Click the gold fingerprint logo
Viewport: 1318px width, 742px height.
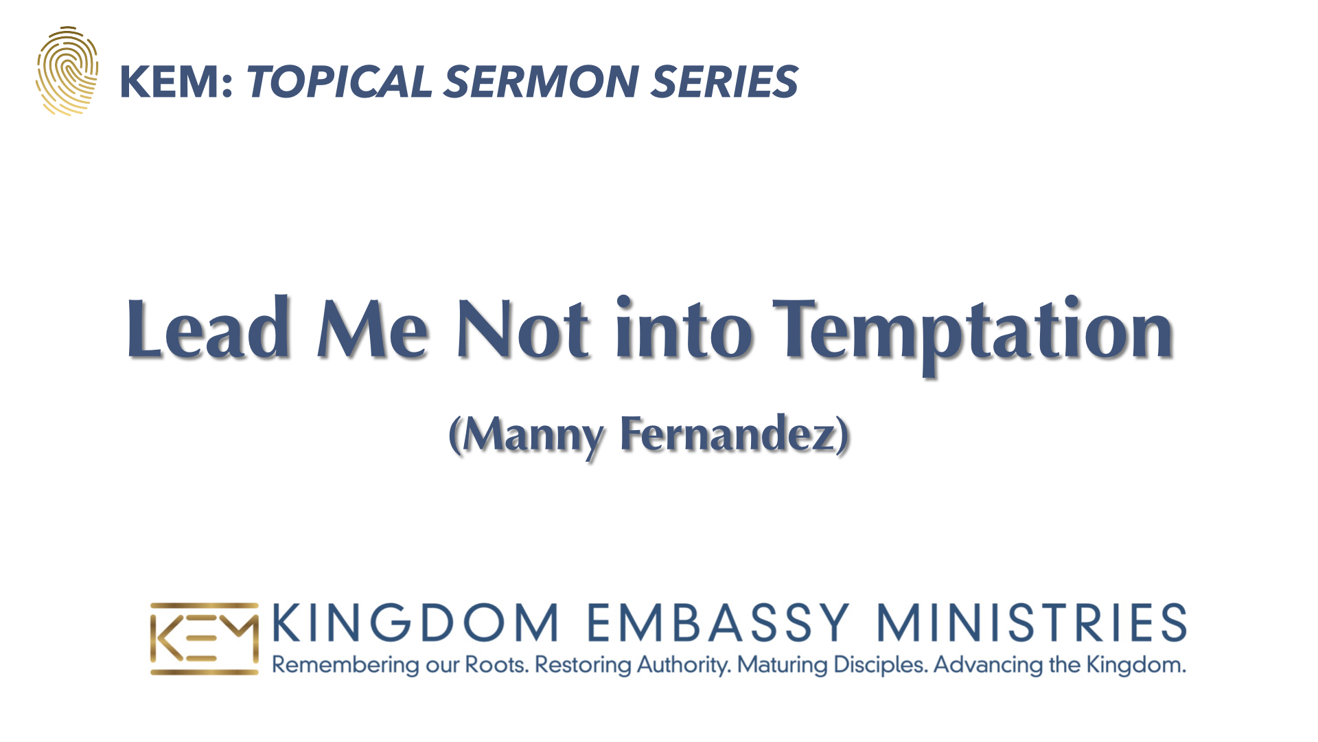tap(67, 71)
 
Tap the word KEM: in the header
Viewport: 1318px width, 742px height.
tap(176, 82)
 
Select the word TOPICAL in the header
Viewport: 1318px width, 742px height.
tap(339, 82)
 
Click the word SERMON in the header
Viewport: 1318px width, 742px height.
tap(542, 82)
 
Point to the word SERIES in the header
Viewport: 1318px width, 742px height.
tap(724, 82)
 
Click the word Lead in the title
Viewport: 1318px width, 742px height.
tap(208, 328)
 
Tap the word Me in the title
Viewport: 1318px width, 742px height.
tap(373, 330)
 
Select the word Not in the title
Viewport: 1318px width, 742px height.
tap(523, 330)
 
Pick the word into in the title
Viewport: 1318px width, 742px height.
tap(684, 328)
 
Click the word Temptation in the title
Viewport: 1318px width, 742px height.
tap(973, 335)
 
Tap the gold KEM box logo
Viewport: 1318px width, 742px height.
tap(205, 639)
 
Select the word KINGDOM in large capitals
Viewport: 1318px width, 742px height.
tap(416, 622)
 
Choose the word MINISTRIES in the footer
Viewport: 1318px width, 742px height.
tap(1032, 622)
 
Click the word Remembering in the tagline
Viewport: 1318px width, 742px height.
tap(345, 665)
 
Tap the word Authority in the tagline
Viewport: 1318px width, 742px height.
tap(684, 665)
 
